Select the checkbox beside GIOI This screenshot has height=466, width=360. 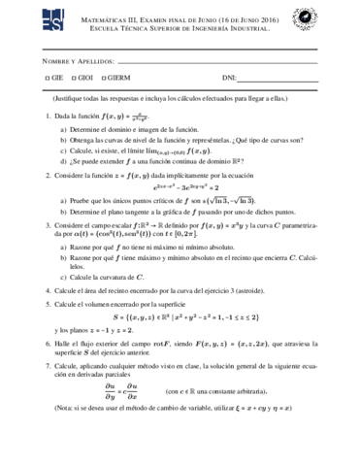pyautogui.click(x=74, y=77)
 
